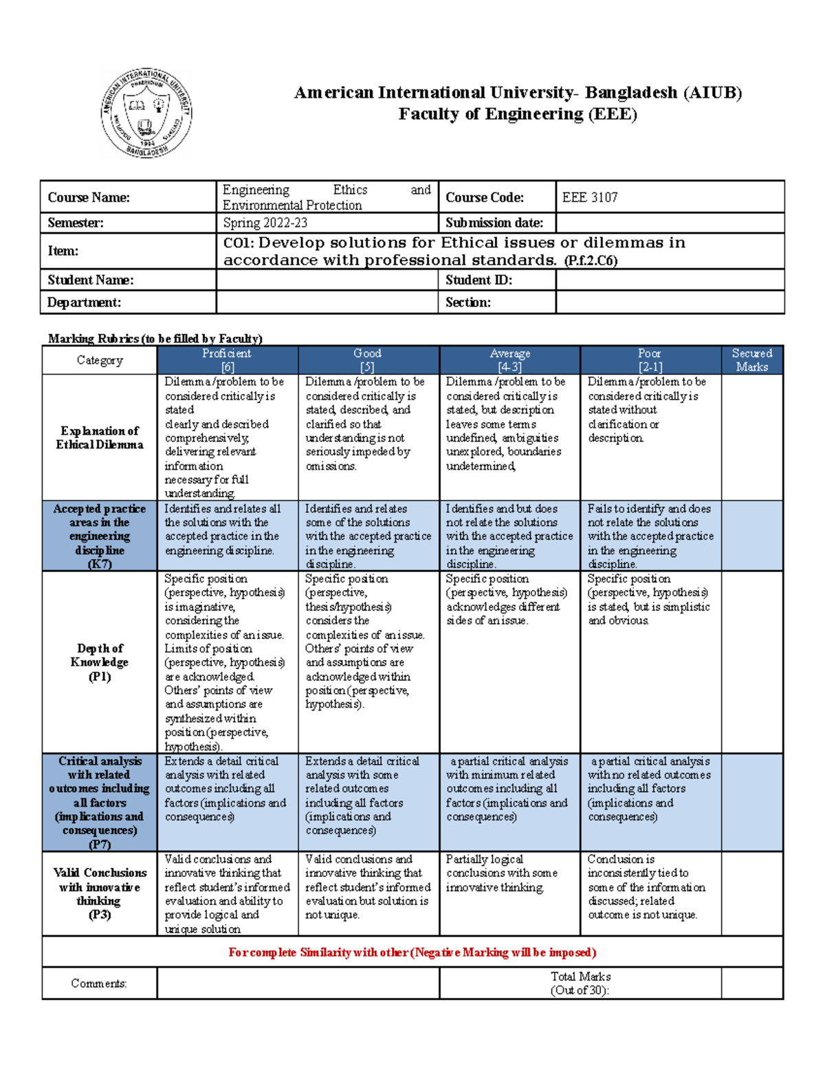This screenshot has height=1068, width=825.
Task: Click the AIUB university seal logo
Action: point(146,113)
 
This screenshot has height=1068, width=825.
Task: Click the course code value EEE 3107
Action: point(590,197)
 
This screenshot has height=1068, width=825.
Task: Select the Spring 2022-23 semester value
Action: point(265,223)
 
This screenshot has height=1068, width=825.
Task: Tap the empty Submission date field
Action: point(669,223)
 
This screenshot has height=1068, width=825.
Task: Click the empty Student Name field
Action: point(327,280)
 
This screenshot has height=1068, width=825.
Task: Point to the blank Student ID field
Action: point(669,280)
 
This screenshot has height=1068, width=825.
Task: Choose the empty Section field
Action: point(669,303)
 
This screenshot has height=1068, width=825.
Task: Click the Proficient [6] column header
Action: point(227,360)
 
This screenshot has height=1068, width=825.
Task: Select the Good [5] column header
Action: point(368,360)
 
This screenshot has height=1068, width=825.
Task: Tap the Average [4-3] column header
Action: point(509,360)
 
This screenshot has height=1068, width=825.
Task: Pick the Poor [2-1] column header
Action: point(650,360)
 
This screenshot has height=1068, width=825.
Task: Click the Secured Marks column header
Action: point(751,360)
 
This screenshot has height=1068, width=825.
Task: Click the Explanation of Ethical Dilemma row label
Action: point(100,437)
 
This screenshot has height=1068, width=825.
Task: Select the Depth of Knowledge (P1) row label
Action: point(100,662)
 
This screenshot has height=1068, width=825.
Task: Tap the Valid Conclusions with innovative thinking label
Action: point(100,893)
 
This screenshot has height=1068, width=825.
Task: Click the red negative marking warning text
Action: point(412,952)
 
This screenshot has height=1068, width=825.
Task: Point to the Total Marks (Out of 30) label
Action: point(580,983)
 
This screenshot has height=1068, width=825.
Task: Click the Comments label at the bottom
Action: point(99,983)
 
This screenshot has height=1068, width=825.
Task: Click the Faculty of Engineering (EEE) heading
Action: point(518,114)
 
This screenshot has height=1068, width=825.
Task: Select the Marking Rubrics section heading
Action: point(155,338)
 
